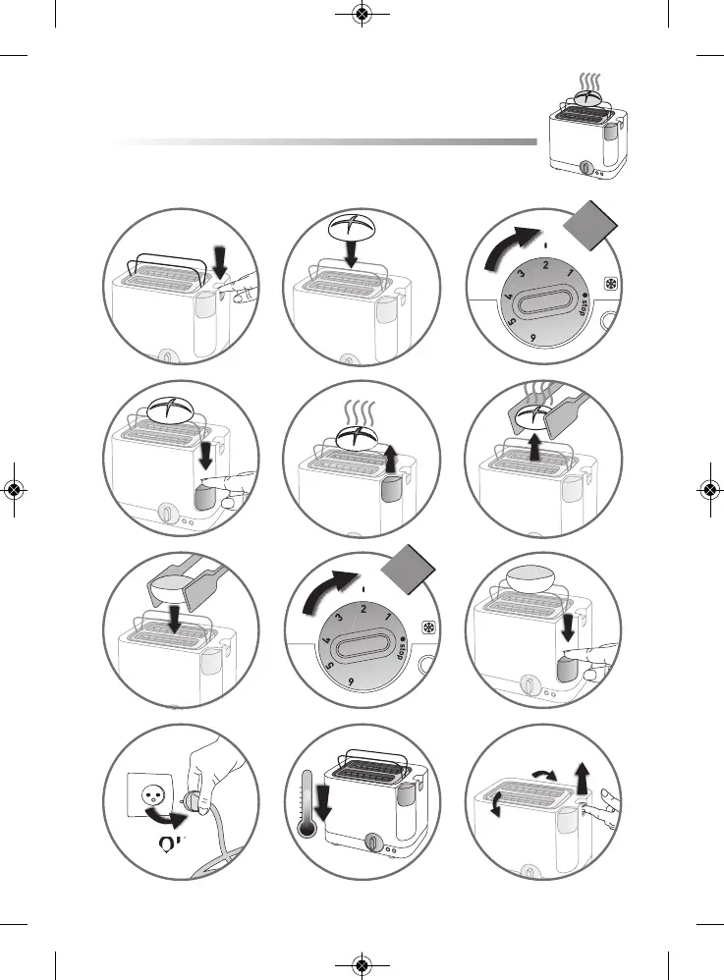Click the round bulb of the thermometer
(307, 827)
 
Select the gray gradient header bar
(324, 142)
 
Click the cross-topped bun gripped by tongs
(538, 414)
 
